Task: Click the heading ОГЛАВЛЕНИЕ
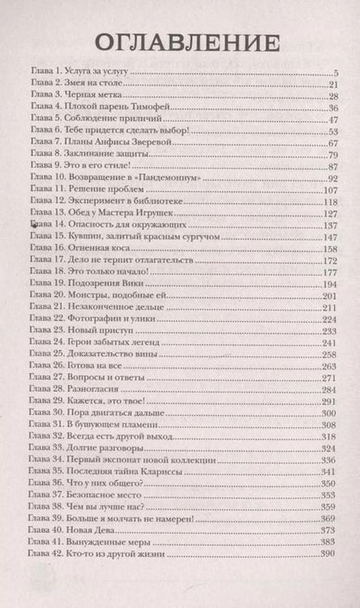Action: (180, 42)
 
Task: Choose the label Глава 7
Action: (42, 142)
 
